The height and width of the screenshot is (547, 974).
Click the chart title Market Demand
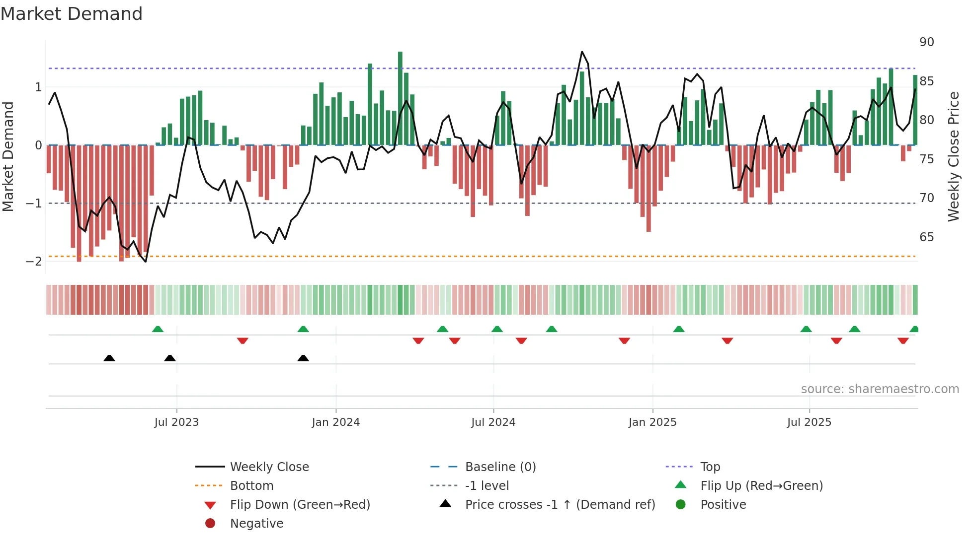[72, 14]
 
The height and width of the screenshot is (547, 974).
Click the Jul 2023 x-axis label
[176, 422]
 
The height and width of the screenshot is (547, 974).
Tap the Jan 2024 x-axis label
[335, 422]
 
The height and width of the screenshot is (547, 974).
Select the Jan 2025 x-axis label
[652, 422]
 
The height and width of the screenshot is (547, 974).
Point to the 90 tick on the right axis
[926, 42]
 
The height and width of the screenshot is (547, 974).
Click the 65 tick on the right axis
[926, 237]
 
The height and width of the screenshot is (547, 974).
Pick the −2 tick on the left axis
[34, 262]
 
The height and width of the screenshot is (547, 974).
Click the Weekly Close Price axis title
[953, 156]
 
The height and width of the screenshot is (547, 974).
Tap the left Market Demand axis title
[8, 156]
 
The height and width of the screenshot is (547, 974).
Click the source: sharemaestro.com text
[880, 389]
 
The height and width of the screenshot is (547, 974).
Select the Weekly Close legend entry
[269, 467]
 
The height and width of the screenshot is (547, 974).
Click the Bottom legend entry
[251, 486]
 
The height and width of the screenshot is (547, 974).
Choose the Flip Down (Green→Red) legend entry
[300, 505]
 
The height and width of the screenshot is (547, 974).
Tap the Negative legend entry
[256, 524]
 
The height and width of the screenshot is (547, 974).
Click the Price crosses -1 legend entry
[560, 505]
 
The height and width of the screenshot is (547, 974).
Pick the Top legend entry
[710, 467]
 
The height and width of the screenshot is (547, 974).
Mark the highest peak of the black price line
[582, 52]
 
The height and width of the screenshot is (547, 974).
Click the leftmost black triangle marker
[109, 358]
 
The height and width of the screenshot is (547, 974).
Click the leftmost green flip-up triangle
[158, 329]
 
